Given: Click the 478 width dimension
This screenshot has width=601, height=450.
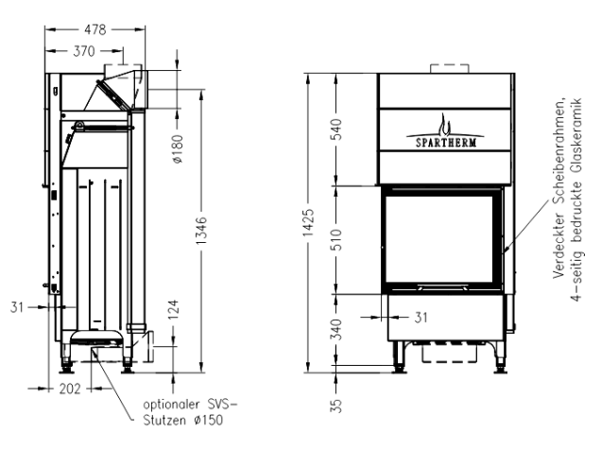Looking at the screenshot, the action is click(95, 29).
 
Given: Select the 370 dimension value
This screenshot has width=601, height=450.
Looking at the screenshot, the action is click(84, 51).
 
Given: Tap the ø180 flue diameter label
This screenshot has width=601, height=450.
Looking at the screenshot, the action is click(179, 148).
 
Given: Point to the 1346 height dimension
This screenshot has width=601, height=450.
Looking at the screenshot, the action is click(201, 231).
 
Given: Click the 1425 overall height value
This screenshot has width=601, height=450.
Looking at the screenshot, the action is click(308, 223).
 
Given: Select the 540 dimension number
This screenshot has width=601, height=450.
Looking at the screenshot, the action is click(335, 130).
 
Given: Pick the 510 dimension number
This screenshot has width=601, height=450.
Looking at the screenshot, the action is click(335, 239).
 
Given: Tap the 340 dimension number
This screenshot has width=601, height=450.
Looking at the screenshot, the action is click(335, 329).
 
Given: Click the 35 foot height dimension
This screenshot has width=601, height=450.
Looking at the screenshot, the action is click(335, 406).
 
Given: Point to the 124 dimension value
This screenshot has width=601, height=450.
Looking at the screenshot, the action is click(174, 310).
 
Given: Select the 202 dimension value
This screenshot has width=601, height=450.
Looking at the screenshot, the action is click(70, 389).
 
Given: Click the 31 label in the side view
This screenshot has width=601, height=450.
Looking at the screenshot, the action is click(17, 307).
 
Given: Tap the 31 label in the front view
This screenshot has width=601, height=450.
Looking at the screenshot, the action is click(421, 318).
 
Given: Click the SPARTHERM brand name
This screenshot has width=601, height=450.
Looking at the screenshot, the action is click(446, 143).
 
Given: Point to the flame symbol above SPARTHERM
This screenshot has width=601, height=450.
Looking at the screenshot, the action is click(444, 124).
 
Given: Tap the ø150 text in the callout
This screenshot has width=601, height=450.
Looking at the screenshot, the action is click(209, 420).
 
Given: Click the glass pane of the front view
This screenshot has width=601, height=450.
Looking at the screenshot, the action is click(439, 239).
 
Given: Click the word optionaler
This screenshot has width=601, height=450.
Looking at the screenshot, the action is click(171, 405).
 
